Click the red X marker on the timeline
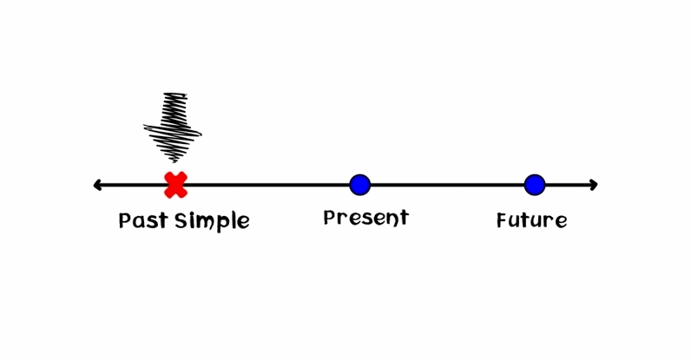coord(176,185)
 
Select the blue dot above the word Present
coord(360,185)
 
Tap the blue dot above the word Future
coord(535,185)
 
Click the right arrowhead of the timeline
coord(594,185)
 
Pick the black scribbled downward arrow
coord(174,127)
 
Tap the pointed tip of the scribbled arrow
coord(174,161)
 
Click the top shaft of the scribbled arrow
coord(175,108)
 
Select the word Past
coord(142,219)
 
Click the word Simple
coord(212,221)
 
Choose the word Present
coord(365,218)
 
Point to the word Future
coord(531,219)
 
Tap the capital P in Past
coord(125,220)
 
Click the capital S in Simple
coord(181,220)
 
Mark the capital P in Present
coord(330,217)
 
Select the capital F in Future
coord(503,219)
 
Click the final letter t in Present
coord(404,218)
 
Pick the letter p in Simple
coord(222,223)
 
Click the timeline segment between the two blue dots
coord(447,185)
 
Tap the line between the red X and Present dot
coord(268,185)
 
